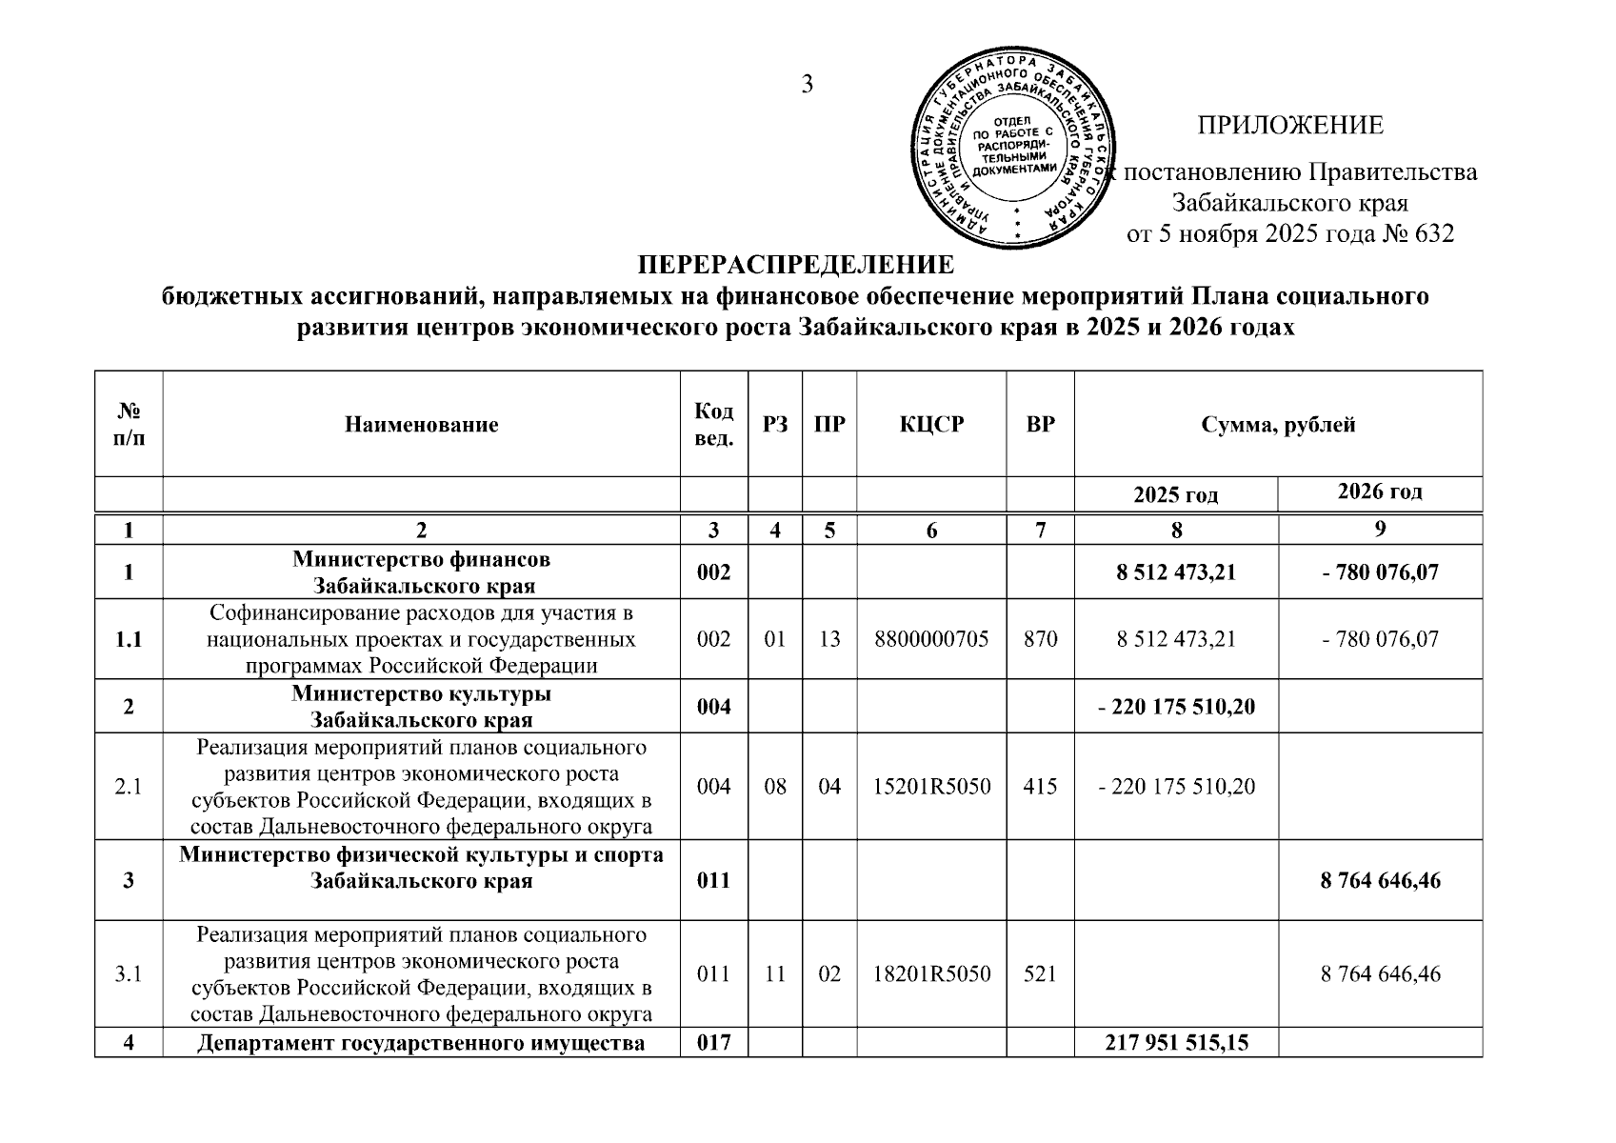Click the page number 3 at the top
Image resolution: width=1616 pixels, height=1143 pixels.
(808, 85)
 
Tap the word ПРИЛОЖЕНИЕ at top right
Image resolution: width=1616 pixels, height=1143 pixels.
(1290, 126)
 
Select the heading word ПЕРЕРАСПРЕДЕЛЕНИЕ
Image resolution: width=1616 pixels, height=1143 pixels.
(795, 264)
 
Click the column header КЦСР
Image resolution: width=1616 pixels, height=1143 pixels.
(931, 425)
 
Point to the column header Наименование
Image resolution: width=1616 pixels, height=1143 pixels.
(422, 425)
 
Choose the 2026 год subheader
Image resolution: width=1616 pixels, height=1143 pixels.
(1380, 492)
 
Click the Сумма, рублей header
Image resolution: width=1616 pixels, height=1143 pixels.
(1278, 425)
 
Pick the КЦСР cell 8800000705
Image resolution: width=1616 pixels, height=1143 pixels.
(931, 638)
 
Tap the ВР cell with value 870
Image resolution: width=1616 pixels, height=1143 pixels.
(1041, 638)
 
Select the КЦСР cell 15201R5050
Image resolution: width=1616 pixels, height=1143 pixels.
(931, 787)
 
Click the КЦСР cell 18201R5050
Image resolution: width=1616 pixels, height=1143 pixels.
(931, 973)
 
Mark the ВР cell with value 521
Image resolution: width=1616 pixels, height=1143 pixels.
(1041, 973)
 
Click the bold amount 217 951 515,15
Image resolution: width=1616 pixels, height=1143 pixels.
(1176, 1043)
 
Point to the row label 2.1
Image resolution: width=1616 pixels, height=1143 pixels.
(129, 787)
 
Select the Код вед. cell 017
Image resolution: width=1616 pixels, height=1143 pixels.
(714, 1043)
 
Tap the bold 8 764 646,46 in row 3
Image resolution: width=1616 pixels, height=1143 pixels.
(1380, 880)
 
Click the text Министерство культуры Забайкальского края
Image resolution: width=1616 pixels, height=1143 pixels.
(422, 706)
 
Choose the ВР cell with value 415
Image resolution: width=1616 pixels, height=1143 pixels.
(1041, 787)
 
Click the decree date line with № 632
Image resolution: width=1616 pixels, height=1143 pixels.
(1290, 234)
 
